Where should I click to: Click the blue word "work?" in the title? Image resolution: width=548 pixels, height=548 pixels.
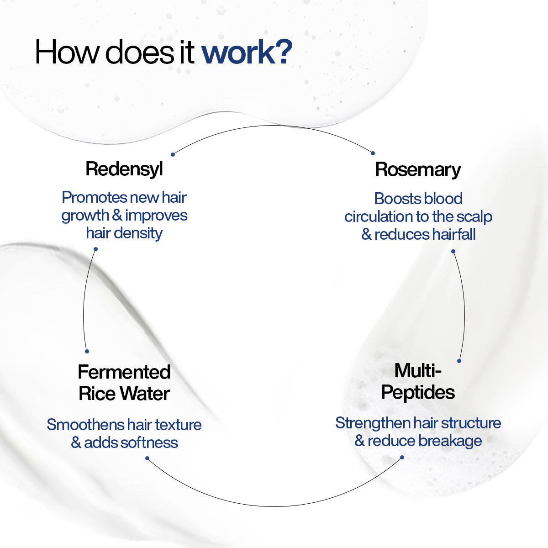247,52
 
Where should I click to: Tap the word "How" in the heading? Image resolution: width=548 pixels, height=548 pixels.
67,52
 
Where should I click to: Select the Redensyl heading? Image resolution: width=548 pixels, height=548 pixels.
124,169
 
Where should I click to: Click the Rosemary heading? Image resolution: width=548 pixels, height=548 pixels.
418,169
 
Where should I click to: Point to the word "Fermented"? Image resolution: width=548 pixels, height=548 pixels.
124,372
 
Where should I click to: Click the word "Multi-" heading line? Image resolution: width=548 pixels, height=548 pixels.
418,370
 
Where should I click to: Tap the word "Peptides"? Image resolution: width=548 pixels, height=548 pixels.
418,393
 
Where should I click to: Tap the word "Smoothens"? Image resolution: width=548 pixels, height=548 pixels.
85,425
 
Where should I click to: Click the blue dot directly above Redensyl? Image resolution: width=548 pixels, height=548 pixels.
173,154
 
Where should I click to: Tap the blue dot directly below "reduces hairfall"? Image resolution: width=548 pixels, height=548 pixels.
453,251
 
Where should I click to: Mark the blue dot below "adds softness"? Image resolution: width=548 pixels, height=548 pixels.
147,458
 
